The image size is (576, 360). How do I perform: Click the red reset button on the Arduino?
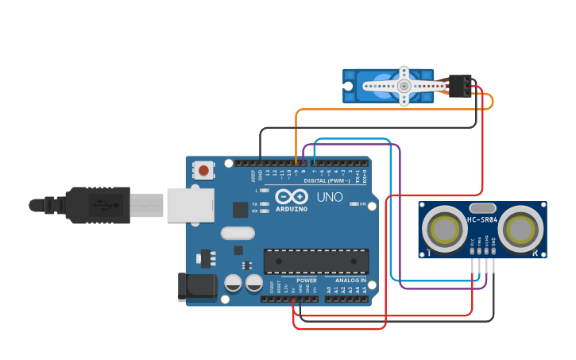[204, 170]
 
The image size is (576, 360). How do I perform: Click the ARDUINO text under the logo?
[291, 208]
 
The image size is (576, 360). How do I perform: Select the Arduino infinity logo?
[291, 196]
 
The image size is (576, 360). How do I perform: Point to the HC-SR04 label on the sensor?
[482, 220]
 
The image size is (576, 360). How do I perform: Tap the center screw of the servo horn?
[404, 86]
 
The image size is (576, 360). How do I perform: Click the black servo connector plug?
[459, 86]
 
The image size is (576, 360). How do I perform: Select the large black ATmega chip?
[316, 261]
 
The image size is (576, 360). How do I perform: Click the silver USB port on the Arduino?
[190, 205]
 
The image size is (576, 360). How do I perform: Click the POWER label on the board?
[306, 281]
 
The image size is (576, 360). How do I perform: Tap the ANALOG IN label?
[350, 281]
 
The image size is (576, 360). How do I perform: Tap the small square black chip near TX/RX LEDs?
[240, 209]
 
